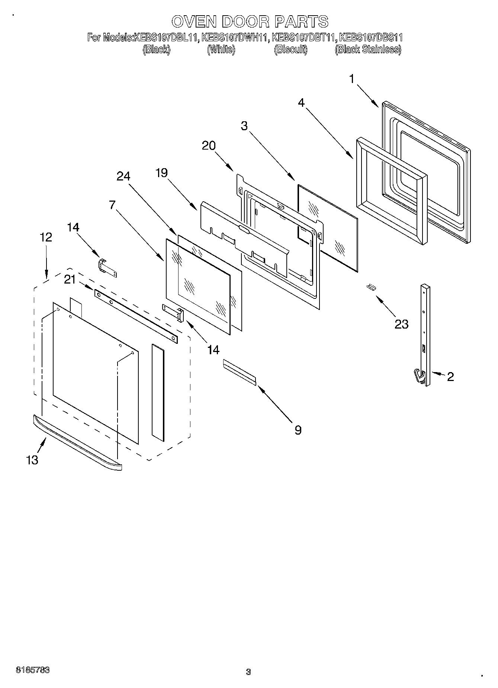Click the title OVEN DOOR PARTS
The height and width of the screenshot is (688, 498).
[x=250, y=22]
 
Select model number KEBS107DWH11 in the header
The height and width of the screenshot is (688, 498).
[x=235, y=38]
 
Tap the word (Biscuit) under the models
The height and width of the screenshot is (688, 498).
[x=290, y=49]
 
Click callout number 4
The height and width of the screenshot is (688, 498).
[x=302, y=102]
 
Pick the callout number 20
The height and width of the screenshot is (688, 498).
[x=209, y=145]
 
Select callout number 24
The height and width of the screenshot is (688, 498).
[x=123, y=176]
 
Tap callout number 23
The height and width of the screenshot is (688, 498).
[x=401, y=324]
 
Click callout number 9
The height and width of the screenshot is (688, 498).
[x=298, y=430]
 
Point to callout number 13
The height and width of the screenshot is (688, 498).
[x=32, y=460]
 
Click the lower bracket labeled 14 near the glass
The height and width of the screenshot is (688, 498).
[x=173, y=313]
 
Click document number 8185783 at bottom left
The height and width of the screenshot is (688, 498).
[x=33, y=670]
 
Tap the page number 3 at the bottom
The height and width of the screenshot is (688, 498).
[x=248, y=672]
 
